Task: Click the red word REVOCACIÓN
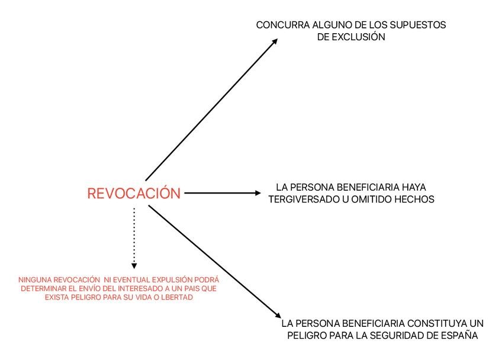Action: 134,193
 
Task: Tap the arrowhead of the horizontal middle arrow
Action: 257,192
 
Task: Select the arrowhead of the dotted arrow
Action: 134,266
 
